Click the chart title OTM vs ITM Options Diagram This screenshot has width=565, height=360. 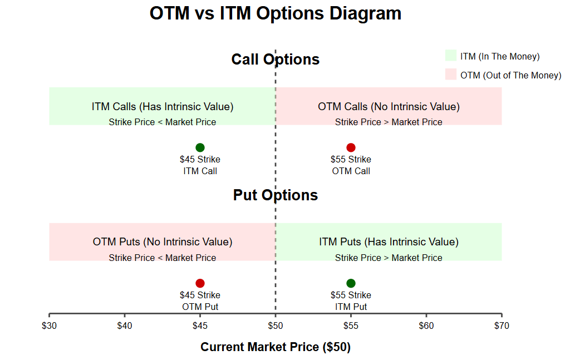coord(276,13)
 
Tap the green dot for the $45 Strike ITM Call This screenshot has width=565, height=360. coord(200,147)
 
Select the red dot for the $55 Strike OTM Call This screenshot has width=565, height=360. coord(351,147)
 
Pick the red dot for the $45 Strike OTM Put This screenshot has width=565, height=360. coord(200,283)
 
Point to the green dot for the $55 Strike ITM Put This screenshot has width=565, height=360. coord(351,283)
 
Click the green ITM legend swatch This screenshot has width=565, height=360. coord(450,56)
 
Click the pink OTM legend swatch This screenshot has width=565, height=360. coord(450,75)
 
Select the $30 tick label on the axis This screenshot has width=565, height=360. coord(49,326)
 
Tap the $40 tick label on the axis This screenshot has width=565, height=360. coord(125,326)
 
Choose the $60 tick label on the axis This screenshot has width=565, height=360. coord(426,326)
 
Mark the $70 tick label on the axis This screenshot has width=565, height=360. coord(501,326)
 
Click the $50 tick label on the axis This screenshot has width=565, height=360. coord(276,326)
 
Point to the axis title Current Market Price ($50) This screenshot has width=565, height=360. coord(276,347)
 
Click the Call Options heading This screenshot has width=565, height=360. coord(276,60)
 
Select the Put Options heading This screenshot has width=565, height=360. coord(276,195)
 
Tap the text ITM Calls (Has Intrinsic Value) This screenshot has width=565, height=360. coord(163,106)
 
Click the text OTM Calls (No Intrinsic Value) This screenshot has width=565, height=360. coord(389,106)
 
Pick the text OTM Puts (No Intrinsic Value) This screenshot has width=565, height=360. coord(163,242)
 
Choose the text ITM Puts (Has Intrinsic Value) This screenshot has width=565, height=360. coord(389,242)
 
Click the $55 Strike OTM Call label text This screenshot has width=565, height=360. coord(351,165)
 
